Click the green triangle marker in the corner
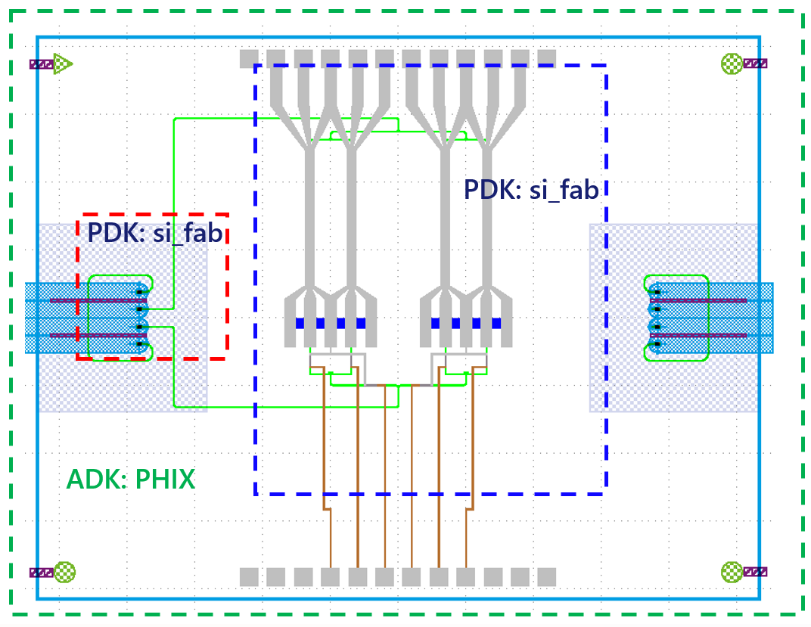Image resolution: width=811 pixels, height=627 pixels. coord(64,64)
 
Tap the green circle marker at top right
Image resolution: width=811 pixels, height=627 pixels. coord(732,64)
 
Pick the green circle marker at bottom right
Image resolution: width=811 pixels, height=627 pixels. coord(732,572)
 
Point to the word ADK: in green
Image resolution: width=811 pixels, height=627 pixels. coord(95,479)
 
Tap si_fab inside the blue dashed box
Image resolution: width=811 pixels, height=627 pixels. coord(564,189)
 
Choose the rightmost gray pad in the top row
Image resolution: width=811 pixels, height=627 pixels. coord(547,58)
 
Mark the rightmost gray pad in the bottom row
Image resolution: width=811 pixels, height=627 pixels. coord(547,577)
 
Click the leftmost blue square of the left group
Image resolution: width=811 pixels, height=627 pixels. coord(300,324)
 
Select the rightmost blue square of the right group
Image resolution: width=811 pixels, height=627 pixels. coord(496,324)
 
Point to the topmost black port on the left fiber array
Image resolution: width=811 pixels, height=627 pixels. coord(140,292)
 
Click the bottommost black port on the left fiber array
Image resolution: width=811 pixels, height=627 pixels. coord(140,344)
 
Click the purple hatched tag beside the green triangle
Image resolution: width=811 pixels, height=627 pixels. coord(41,64)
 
